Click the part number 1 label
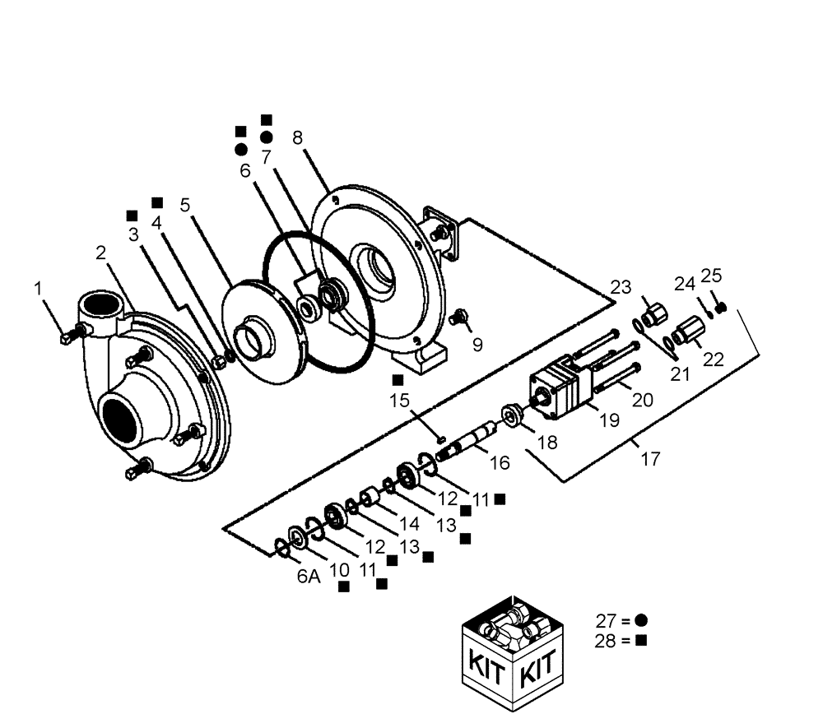pyautogui.click(x=38, y=288)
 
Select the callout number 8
pyautogui.click(x=297, y=137)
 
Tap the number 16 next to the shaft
pyautogui.click(x=500, y=463)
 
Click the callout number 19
pyautogui.click(x=608, y=421)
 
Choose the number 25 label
pyautogui.click(x=711, y=276)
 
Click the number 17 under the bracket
pyautogui.click(x=650, y=458)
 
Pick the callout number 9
pyautogui.click(x=477, y=345)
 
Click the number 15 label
pyautogui.click(x=400, y=400)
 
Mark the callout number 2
pyautogui.click(x=100, y=253)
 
